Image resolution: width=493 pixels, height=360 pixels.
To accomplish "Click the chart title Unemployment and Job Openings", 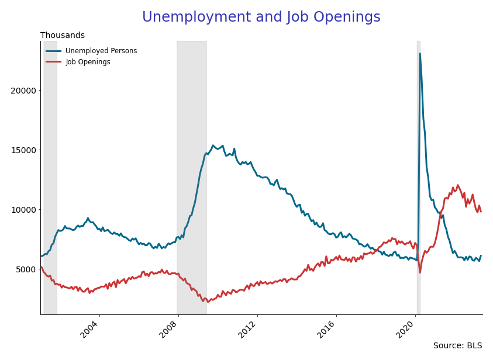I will [261, 18].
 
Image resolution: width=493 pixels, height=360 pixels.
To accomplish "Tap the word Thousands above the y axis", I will [63, 36].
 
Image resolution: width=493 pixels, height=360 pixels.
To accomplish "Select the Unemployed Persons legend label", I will [101, 51].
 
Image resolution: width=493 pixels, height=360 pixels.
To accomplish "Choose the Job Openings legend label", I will [88, 62].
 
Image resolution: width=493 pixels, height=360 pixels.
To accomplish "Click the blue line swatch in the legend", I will [53, 51].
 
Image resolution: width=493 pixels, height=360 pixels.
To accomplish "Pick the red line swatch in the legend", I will [53, 62].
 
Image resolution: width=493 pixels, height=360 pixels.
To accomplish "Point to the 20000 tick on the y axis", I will [23, 91].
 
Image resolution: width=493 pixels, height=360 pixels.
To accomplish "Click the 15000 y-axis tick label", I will [23, 150].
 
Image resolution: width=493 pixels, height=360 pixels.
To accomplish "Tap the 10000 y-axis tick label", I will [23, 210].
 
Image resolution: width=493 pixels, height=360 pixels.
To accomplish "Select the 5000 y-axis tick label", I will [26, 269].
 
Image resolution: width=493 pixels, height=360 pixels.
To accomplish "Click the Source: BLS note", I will [457, 346].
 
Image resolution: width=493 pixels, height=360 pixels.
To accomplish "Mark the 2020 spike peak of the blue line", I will [420, 54].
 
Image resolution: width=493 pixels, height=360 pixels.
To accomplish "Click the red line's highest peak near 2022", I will [457, 185].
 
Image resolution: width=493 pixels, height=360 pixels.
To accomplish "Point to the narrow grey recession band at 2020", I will [418, 175].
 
